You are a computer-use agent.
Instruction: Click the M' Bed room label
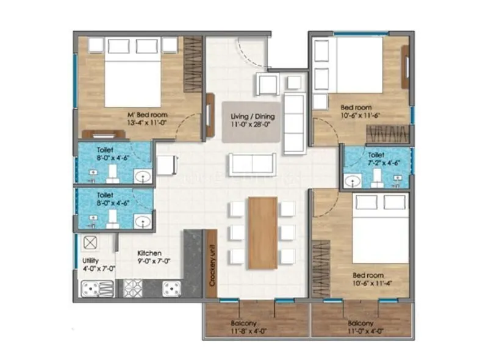click(147, 114)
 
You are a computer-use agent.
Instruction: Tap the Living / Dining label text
click(252, 117)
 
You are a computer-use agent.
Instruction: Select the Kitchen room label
click(149, 252)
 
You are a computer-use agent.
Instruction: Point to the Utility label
click(89, 259)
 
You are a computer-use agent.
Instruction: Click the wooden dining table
click(263, 232)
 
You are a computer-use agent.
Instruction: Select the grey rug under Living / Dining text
click(252, 121)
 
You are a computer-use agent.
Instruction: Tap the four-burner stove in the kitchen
click(133, 287)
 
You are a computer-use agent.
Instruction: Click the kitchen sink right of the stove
click(171, 288)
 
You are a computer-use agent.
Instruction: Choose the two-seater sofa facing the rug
click(252, 164)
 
